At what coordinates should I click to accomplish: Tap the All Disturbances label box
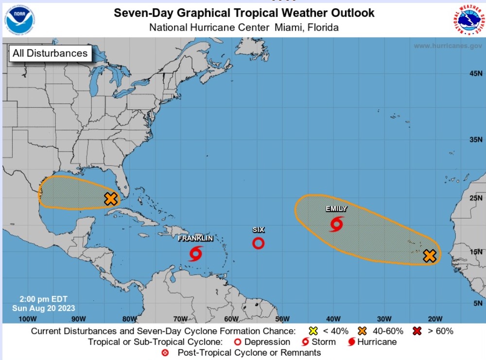pyautogui.click(x=50, y=53)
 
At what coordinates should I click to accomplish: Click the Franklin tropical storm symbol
pyautogui.click(x=196, y=253)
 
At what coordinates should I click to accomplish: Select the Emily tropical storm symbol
pyautogui.click(x=336, y=224)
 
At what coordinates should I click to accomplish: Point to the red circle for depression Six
pyautogui.click(x=259, y=243)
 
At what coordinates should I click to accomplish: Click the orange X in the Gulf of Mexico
pyautogui.click(x=111, y=198)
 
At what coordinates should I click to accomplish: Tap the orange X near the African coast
pyautogui.click(x=429, y=256)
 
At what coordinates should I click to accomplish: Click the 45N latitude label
pyautogui.click(x=475, y=73)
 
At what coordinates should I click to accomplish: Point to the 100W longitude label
pyautogui.click(x=27, y=319)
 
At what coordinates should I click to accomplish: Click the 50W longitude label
pyautogui.click(x=282, y=319)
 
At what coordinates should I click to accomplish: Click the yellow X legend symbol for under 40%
pyautogui.click(x=313, y=331)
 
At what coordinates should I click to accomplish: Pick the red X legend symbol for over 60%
pyautogui.click(x=417, y=331)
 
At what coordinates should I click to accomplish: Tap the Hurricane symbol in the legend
pyautogui.click(x=351, y=342)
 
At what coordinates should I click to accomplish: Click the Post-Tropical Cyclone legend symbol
pyautogui.click(x=165, y=353)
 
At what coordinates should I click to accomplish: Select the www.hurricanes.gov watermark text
pyautogui.click(x=447, y=46)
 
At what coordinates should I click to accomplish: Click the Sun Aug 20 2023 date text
pyautogui.click(x=44, y=308)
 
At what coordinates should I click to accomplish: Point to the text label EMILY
pyautogui.click(x=336, y=209)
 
